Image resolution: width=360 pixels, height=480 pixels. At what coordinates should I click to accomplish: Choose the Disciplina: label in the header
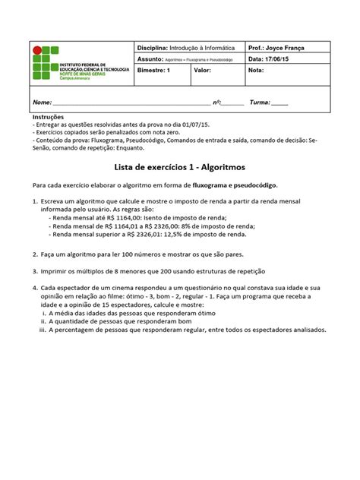[x=153, y=47]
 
